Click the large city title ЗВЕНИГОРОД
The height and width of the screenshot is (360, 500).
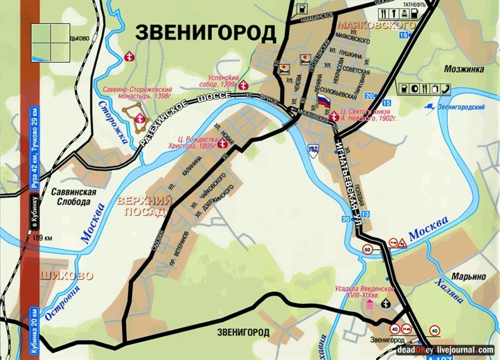[206, 33]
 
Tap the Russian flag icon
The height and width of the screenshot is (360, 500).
[324, 102]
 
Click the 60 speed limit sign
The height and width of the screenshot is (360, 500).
[367, 249]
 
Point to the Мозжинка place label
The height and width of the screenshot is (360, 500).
[464, 69]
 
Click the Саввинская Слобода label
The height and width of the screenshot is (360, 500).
[77, 197]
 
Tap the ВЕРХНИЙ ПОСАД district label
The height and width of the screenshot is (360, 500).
[144, 206]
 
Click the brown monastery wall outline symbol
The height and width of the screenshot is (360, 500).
[136, 117]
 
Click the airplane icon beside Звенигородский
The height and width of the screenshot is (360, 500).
[429, 106]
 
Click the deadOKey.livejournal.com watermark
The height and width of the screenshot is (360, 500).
[445, 350]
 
